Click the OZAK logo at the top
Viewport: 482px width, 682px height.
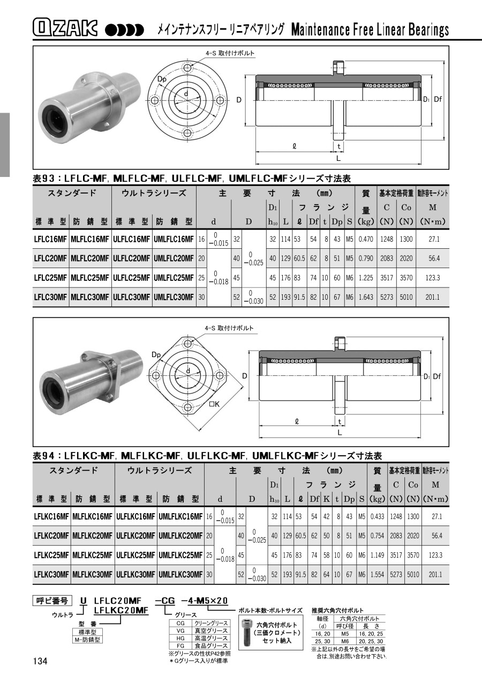tap(65, 29)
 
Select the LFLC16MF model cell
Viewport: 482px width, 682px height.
tap(50, 239)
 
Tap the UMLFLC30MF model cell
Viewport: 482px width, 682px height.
tap(174, 297)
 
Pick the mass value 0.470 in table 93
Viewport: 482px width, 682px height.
tap(366, 239)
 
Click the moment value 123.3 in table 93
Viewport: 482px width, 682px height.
tap(432, 278)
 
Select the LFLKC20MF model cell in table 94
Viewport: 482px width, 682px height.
tap(52, 536)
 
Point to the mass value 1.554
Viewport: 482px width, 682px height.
tap(377, 575)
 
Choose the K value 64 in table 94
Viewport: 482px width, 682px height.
tap(326, 575)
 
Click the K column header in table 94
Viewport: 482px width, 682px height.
tap(326, 499)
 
